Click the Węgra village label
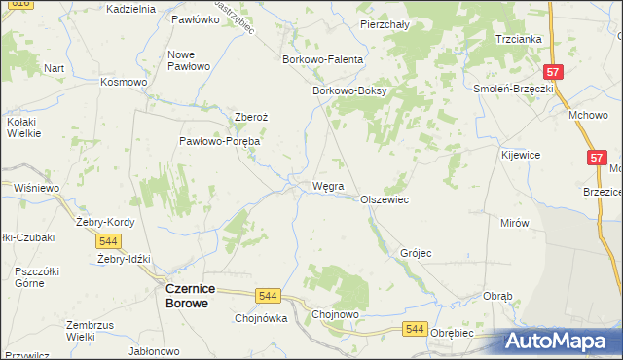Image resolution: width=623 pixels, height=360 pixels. (x=327, y=185)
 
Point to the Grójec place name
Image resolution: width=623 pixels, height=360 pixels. (x=416, y=253)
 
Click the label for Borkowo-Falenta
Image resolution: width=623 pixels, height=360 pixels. (x=321, y=59)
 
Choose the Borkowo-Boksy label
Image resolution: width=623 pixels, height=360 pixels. (x=349, y=91)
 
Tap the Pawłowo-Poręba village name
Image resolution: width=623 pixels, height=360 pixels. (x=219, y=141)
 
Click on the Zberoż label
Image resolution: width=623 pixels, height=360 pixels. (x=251, y=117)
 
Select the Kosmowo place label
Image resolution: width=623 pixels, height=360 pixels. (x=124, y=82)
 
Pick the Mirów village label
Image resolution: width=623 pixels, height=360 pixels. (x=515, y=223)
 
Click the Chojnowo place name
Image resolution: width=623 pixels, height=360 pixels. (x=336, y=315)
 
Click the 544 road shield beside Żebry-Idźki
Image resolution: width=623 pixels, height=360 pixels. (x=108, y=240)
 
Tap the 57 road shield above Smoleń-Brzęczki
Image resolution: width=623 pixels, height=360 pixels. (x=553, y=72)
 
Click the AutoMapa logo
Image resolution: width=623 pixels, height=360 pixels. (x=562, y=342)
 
